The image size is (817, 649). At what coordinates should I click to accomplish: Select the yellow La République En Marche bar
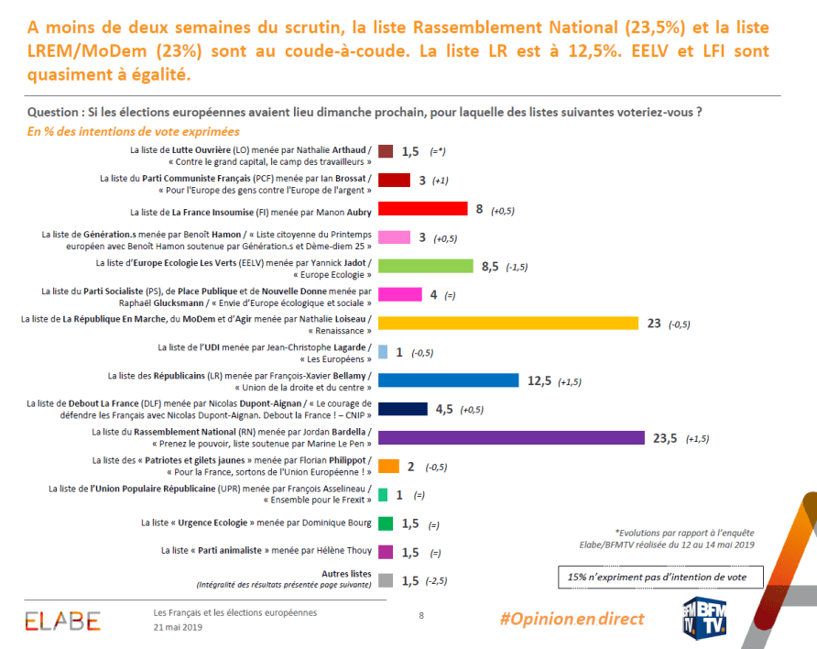tap(507, 323)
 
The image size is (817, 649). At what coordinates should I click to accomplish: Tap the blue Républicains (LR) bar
tap(448, 380)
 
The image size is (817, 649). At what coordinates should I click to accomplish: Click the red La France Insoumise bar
tap(422, 209)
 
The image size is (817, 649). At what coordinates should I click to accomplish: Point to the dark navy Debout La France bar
tap(402, 409)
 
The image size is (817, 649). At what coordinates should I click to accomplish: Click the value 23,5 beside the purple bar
tap(665, 438)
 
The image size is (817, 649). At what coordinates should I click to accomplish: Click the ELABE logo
tap(62, 621)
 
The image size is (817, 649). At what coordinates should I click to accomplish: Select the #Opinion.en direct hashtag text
tap(572, 619)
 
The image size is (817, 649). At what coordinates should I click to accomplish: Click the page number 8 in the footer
tap(420, 615)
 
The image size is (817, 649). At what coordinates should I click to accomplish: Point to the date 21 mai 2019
tap(178, 627)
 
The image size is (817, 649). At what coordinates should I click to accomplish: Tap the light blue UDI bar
tap(383, 352)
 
